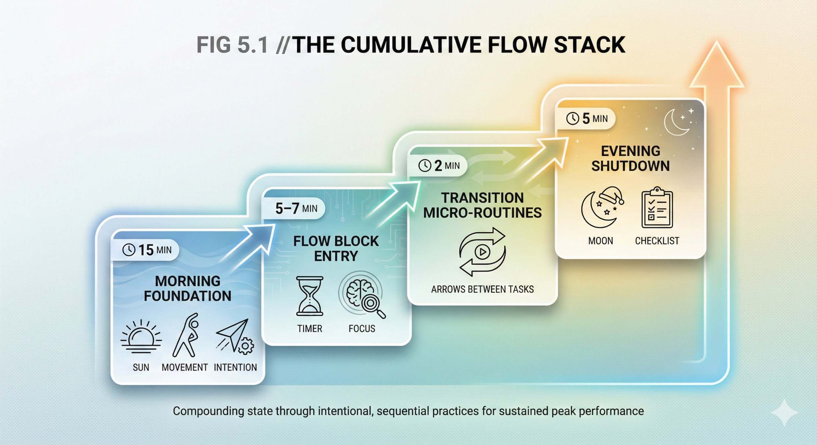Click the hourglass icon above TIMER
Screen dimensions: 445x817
(310, 296)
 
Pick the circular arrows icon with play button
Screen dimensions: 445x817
(482, 252)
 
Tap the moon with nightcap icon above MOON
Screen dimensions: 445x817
(602, 208)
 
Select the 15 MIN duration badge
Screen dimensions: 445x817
(146, 250)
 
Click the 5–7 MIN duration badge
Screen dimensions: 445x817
(296, 208)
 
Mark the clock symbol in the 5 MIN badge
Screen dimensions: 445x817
(573, 119)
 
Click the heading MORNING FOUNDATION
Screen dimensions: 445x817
(188, 288)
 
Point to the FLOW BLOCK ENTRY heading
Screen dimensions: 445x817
(336, 248)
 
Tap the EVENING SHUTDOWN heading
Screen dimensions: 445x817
(630, 158)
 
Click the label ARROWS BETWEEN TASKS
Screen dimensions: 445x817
(482, 289)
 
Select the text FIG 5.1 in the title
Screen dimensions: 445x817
(232, 45)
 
